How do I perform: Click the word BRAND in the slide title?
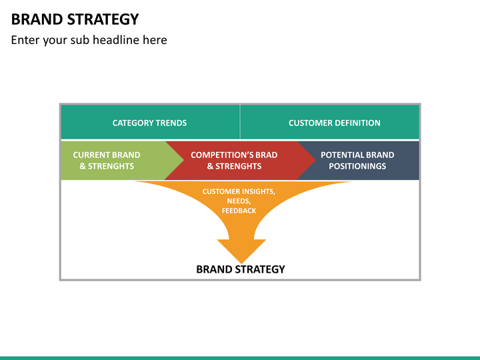coord(37,19)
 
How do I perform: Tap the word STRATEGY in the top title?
coord(103,19)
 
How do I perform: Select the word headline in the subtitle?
coord(115,40)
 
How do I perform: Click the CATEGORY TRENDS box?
coord(150,123)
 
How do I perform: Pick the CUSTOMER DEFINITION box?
coord(330,123)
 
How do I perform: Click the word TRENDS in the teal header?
coord(171,123)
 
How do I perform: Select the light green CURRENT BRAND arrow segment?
coord(113,160)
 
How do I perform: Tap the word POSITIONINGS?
coord(357,166)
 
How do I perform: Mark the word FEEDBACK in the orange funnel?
coord(239,211)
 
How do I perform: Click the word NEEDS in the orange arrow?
coord(239,201)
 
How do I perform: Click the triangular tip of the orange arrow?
coord(241,263)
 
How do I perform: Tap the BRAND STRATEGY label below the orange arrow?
coord(241,269)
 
